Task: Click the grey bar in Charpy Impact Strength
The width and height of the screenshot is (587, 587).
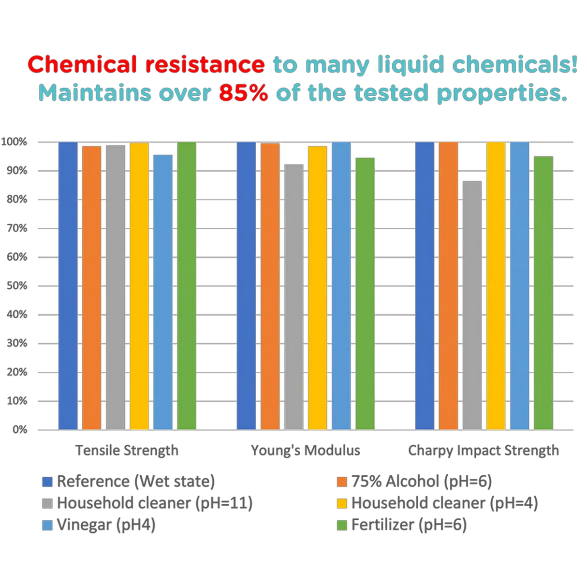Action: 472,305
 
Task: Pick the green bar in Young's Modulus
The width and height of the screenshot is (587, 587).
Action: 365,293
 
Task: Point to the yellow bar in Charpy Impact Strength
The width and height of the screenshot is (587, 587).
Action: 496,285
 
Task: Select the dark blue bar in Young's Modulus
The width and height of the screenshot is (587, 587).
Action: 246,285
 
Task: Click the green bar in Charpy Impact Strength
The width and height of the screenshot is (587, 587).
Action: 543,293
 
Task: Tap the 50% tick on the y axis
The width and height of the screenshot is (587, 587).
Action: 17,286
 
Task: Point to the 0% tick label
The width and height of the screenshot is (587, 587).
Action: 19,429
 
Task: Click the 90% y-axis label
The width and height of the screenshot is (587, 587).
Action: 17,171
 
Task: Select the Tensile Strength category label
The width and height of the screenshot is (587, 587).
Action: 127,451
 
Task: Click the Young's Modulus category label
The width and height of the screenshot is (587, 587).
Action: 306,451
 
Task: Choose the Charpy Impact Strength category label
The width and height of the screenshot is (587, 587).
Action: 484,451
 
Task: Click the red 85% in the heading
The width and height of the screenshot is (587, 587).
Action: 243,93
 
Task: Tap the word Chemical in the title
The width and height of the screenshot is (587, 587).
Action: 83,65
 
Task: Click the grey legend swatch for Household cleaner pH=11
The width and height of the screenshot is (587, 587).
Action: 47,503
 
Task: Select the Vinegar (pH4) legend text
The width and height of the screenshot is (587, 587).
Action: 106,525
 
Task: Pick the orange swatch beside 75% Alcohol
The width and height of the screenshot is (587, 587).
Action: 342,482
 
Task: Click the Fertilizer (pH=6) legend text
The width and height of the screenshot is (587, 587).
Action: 409,525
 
